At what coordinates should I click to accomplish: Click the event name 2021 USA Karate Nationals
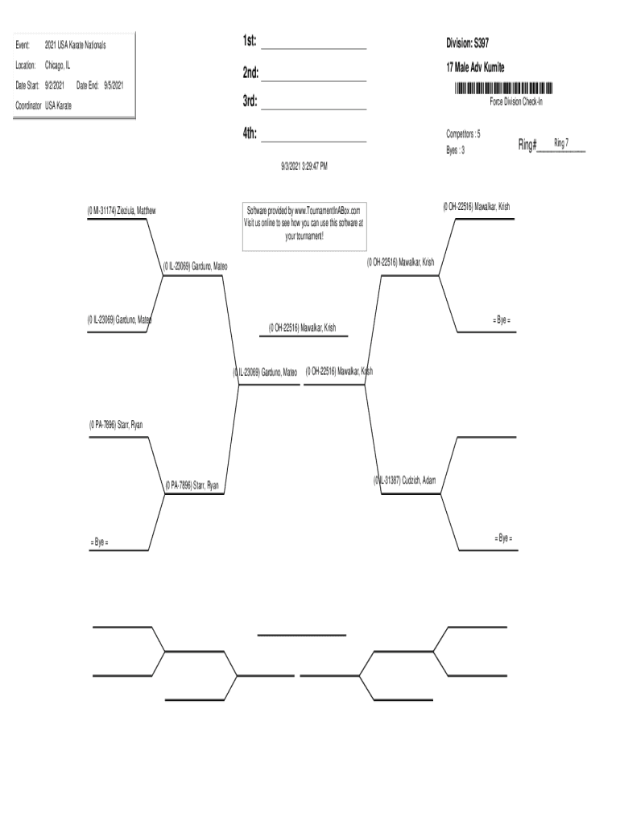[75, 45]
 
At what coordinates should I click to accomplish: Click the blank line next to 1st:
[313, 44]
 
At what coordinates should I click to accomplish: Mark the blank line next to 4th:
[313, 137]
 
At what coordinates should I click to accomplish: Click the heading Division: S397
[467, 42]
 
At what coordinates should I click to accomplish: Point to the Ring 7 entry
[561, 142]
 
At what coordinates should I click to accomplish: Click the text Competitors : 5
[464, 134]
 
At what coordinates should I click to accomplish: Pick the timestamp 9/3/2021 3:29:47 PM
[304, 166]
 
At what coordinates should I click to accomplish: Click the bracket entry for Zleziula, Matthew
[122, 210]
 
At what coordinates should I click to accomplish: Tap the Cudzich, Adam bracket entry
[405, 480]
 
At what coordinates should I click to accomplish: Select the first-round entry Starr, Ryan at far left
[116, 424]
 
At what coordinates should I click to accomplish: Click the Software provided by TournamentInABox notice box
[304, 224]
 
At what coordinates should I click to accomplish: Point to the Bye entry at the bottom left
[99, 542]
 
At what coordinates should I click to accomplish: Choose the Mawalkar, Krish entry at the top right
[476, 207]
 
